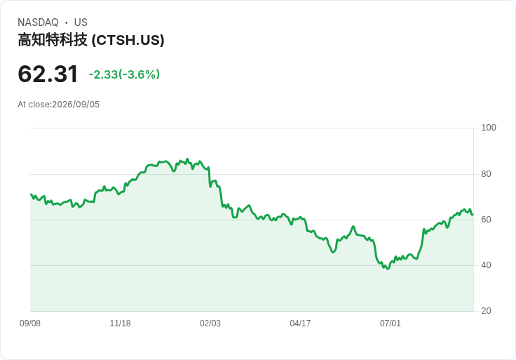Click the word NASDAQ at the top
38,22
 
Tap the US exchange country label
81,22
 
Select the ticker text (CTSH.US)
128,40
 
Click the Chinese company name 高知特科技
53,40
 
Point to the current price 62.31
48,74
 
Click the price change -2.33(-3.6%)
124,74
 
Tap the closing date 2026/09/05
76,105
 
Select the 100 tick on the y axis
489,128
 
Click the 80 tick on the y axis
486,174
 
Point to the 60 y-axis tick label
486,220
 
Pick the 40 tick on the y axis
486,265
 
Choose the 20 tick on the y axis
486,311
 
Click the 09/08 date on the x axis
30,324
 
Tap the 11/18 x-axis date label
120,324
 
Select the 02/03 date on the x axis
210,324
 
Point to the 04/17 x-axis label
300,324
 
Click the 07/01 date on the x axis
391,324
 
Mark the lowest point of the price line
388,269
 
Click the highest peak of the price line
187,159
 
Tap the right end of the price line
473,215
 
